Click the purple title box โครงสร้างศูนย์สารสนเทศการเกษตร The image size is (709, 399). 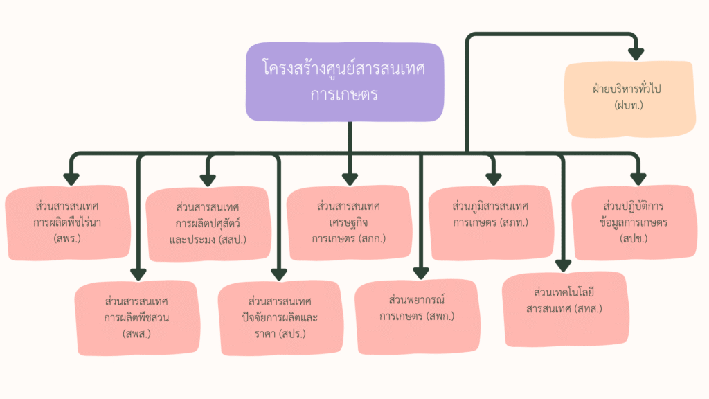pos(345,82)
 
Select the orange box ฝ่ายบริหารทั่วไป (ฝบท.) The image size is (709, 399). pos(629,98)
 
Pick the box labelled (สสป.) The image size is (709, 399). pos(208,223)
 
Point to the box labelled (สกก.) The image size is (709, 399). pos(348,222)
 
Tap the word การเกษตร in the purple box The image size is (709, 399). pos(344,94)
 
